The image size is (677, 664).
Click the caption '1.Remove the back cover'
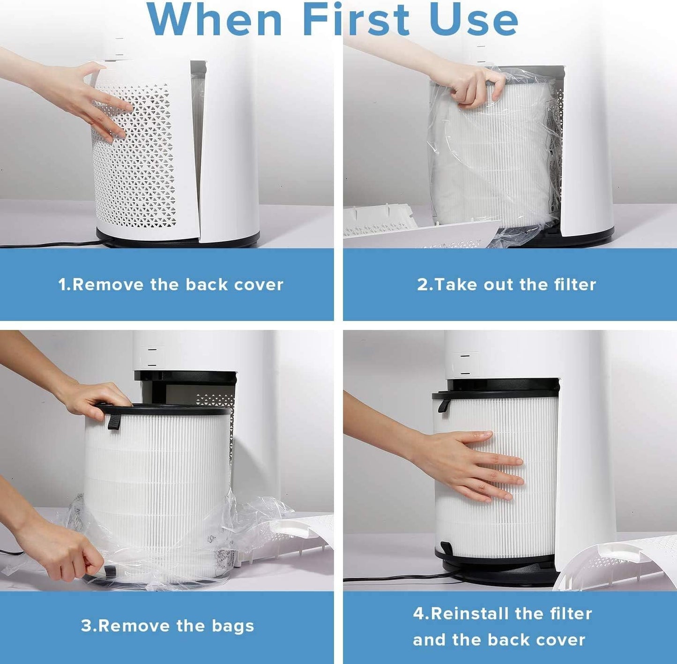pos(171,284)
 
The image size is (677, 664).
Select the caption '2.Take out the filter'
pos(506,284)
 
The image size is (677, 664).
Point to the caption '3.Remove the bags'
pos(167,626)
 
